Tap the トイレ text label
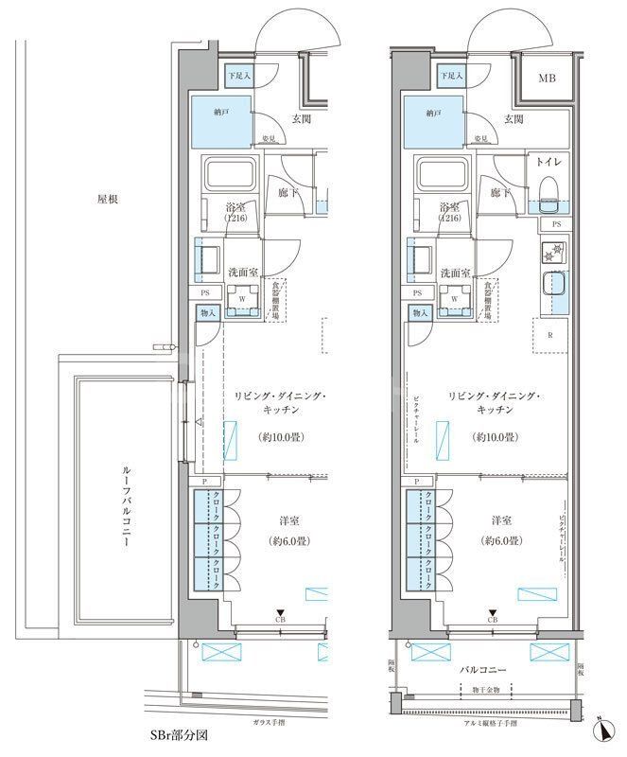coord(550,163)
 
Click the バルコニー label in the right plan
coord(485,670)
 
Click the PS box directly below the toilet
coord(555,224)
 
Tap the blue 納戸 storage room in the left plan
coord(222,118)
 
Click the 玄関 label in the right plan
coord(514,119)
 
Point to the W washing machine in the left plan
coord(244,297)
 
